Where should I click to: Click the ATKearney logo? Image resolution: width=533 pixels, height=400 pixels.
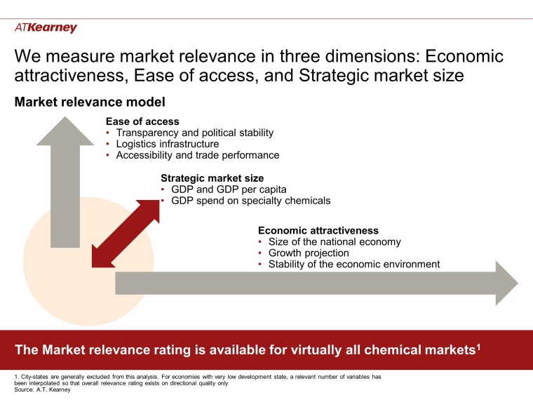point(46,28)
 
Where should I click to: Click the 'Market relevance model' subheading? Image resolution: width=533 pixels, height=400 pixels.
point(90,102)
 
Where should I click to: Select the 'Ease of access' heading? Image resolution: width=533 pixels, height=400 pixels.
point(142,121)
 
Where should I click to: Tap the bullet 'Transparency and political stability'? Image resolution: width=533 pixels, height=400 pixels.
point(194,133)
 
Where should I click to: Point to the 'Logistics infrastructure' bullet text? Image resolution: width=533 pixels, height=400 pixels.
point(167,144)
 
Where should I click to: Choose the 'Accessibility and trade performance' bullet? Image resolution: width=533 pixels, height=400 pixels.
point(197,155)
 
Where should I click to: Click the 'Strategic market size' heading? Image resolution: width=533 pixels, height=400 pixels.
point(212,178)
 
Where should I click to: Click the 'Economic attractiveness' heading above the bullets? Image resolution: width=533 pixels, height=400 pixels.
point(318,230)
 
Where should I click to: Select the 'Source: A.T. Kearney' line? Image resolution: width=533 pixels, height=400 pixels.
point(41,389)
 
